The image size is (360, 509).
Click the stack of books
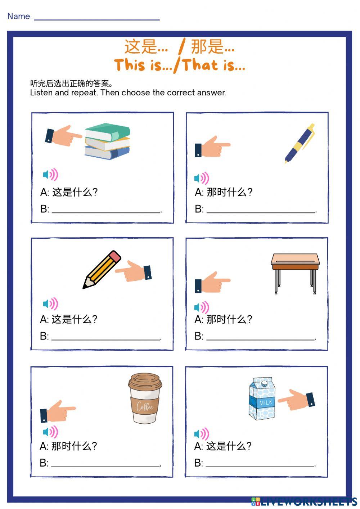point(107,141)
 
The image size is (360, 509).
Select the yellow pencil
point(102,270)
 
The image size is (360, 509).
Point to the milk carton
point(262,399)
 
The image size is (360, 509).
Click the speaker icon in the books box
point(50,175)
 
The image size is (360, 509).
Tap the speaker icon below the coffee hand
point(50,432)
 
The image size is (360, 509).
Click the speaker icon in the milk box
point(201,434)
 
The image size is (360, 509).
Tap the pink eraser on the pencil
point(114,257)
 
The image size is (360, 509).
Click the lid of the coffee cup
point(145,381)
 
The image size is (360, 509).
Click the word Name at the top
point(18,17)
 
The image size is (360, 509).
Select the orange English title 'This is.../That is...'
point(180,66)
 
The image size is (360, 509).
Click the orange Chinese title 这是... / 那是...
point(180,47)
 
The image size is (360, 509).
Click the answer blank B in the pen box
point(261,210)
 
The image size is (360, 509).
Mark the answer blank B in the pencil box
point(106,337)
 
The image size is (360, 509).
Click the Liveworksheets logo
point(304,501)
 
